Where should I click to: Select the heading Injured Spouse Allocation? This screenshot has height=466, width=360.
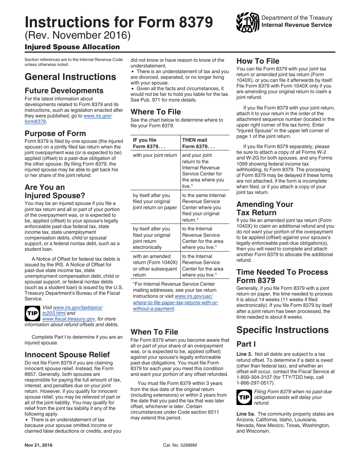72,47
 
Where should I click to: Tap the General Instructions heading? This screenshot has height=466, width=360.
70,77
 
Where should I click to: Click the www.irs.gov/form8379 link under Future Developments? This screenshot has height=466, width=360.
68,119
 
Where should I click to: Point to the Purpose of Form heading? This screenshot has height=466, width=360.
55,133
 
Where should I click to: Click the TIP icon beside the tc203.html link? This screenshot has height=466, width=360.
32,313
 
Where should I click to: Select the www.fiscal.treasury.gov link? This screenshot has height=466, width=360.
69,319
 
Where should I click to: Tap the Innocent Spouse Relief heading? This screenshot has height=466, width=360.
67,355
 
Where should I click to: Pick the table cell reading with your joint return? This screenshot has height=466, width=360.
155,155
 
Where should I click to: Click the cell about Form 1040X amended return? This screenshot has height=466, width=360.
155,266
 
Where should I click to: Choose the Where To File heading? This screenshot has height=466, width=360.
156,112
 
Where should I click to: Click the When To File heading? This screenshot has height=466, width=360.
154,332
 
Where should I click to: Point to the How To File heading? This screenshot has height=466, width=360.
258,61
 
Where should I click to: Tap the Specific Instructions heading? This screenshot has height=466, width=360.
282,330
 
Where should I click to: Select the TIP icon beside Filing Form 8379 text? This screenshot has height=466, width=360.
244,397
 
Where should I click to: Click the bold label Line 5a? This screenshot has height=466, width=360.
245,414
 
